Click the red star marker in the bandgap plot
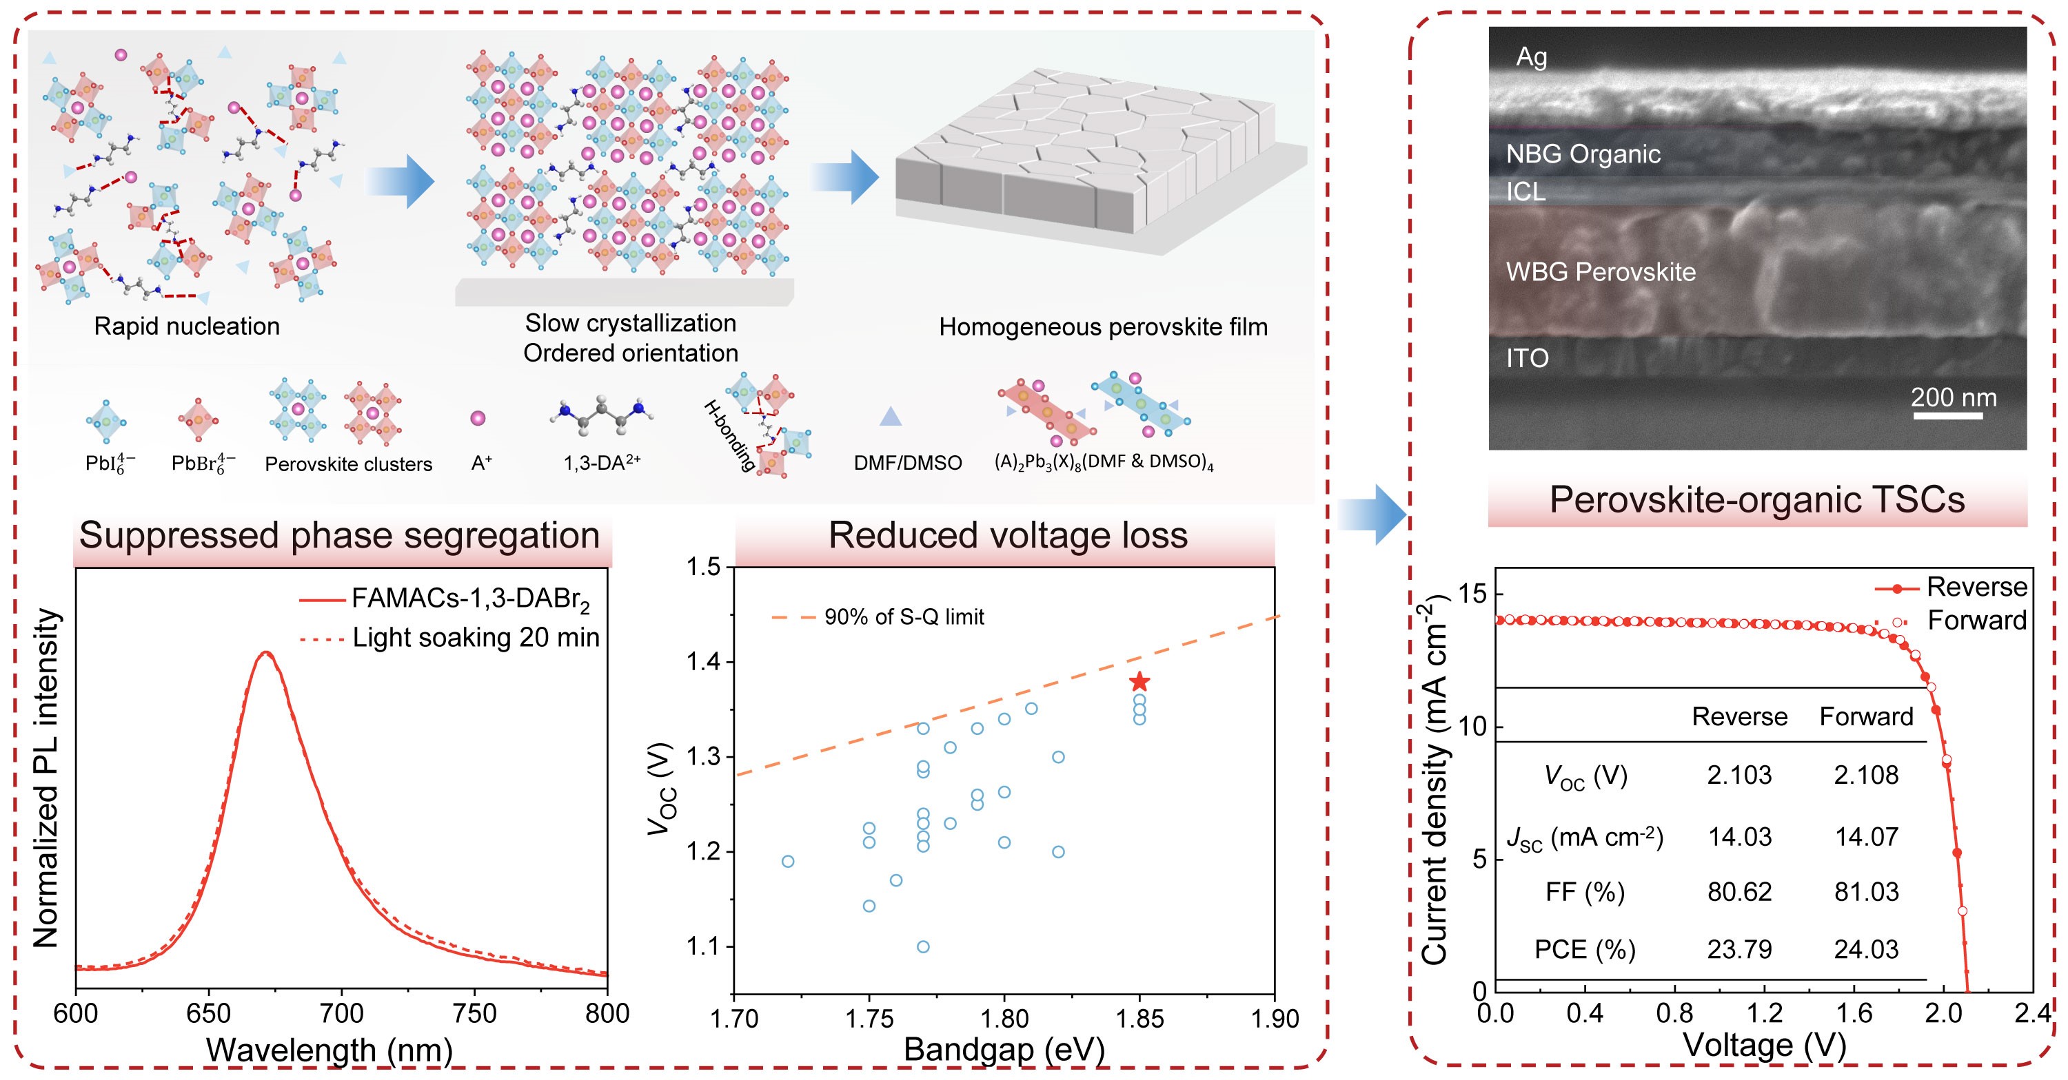pyautogui.click(x=1139, y=683)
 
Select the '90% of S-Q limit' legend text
pyautogui.click(x=904, y=617)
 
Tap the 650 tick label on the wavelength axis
pyautogui.click(x=209, y=1013)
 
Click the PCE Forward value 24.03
pyautogui.click(x=1867, y=949)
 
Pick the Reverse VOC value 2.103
pyautogui.click(x=1740, y=774)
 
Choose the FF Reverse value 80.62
pyautogui.click(x=1740, y=891)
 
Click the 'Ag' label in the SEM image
pyautogui.click(x=1531, y=57)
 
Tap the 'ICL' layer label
pyautogui.click(x=1525, y=191)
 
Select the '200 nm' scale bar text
pyautogui.click(x=1953, y=397)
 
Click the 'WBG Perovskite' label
pyautogui.click(x=1601, y=272)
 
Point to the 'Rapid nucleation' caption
pyautogui.click(x=187, y=326)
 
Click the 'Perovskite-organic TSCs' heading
pyautogui.click(x=1757, y=499)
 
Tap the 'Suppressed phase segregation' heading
pyautogui.click(x=340, y=535)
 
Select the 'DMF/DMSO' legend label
pyautogui.click(x=908, y=463)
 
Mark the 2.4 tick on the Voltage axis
pyautogui.click(x=2034, y=1013)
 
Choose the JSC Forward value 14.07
pyautogui.click(x=1867, y=837)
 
